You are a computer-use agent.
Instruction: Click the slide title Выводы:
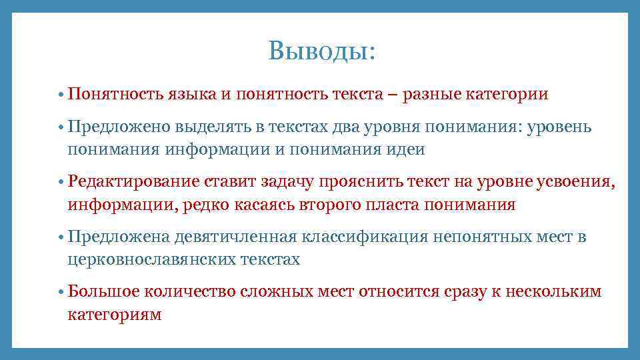point(321,51)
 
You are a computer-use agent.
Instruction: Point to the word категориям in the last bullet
point(114,314)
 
